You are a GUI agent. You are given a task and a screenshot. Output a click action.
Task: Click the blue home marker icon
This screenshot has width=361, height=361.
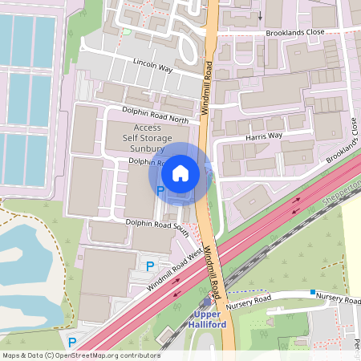tap(180, 172)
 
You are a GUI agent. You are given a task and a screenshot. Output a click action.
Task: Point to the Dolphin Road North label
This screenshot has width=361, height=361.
tap(156, 114)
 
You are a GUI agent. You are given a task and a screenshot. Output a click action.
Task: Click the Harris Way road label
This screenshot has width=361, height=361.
tap(265, 136)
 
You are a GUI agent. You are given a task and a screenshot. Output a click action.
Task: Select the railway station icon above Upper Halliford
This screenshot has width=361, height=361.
tap(210, 302)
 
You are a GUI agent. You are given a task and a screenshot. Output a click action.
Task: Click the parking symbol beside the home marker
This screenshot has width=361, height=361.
tap(160, 191)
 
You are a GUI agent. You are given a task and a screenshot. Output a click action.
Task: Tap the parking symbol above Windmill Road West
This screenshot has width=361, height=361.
tap(148, 265)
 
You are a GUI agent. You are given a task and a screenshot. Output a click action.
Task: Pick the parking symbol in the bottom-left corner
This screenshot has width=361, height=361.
tap(72, 343)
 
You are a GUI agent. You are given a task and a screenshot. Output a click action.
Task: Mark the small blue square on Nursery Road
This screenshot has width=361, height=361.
tap(312, 291)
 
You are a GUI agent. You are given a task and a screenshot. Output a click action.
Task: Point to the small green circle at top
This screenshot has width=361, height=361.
tap(126, 31)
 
